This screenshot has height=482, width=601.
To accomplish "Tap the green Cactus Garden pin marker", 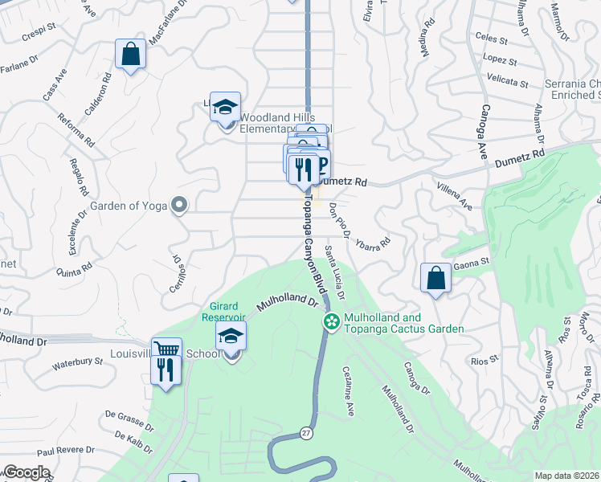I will coord(330,321).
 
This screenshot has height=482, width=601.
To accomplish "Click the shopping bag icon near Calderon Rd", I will coord(129,55).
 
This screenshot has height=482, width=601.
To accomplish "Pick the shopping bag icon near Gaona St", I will coord(435,278).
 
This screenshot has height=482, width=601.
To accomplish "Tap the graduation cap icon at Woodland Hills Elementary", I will coord(226,106).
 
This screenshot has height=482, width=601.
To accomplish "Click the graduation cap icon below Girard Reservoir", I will coord(231,337).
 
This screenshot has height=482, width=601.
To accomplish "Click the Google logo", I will coord(27,472).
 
